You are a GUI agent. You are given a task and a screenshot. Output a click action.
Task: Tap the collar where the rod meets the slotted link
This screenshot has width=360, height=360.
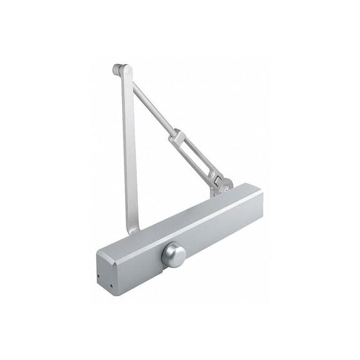point(176,134)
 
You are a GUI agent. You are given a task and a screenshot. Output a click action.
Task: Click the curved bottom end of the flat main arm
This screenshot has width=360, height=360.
point(132,228)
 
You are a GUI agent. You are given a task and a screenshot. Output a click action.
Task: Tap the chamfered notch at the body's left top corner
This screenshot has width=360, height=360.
point(100,251)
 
